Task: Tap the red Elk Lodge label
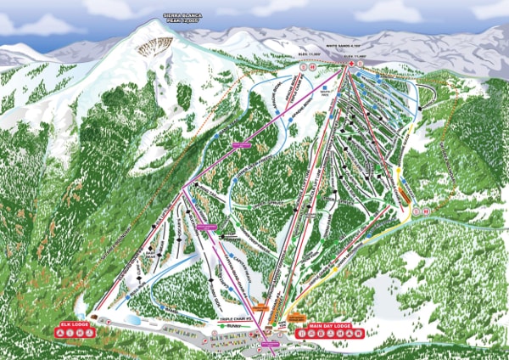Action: click(x=75, y=323)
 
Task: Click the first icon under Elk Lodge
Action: click(x=59, y=333)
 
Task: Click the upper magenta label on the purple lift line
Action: click(x=243, y=144)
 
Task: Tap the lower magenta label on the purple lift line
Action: click(x=207, y=227)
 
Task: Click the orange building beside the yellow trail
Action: click(x=405, y=194)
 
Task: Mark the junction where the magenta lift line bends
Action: click(x=182, y=193)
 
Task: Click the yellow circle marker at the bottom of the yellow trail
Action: click(x=335, y=270)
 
